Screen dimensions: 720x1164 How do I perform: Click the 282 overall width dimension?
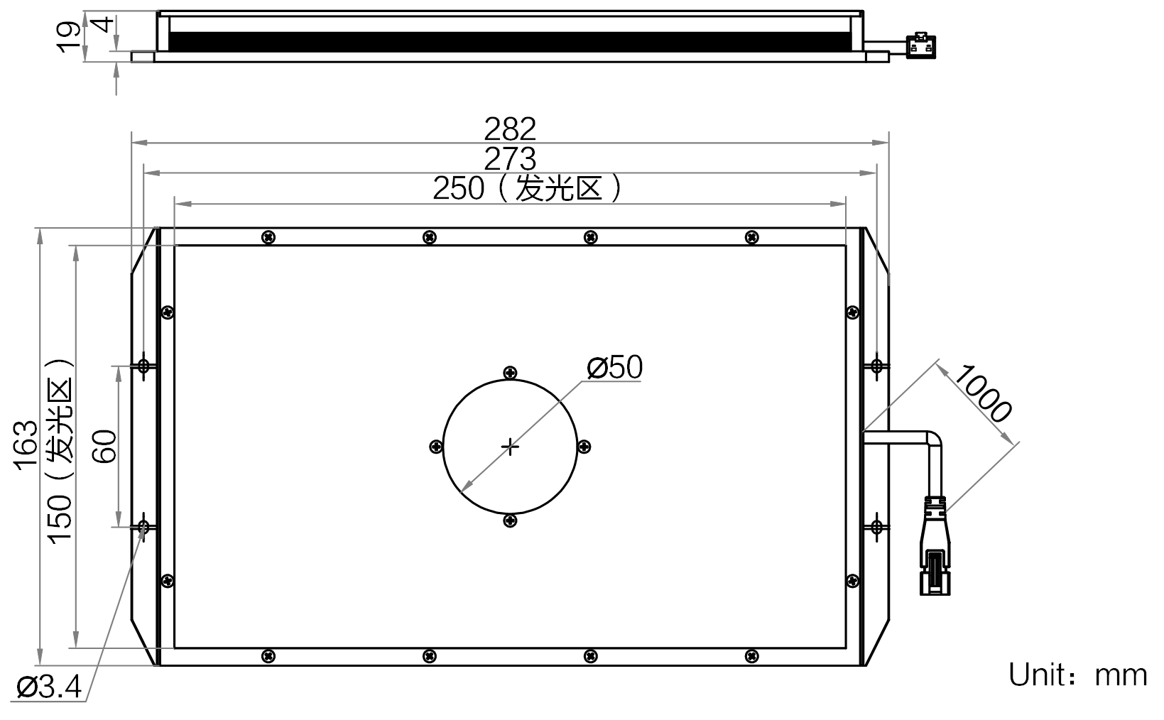pyautogui.click(x=510, y=129)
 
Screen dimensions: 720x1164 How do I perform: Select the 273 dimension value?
pyautogui.click(x=510, y=159)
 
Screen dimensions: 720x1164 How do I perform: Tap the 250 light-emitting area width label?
pyautogui.click(x=459, y=189)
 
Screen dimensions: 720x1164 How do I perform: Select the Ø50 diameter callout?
pyautogui.click(x=614, y=368)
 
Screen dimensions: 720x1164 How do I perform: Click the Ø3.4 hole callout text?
pyautogui.click(x=49, y=687)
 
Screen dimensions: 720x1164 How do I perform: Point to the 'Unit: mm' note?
pyautogui.click(x=1077, y=675)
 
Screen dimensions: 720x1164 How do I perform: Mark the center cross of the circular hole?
pyautogui.click(x=510, y=447)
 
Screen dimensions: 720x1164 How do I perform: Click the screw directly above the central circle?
pyautogui.click(x=510, y=373)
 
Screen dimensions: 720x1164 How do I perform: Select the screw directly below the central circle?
pyautogui.click(x=510, y=521)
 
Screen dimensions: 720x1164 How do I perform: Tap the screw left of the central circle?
pyautogui.click(x=436, y=447)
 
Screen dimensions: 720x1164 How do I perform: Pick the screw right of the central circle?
pyautogui.click(x=584, y=447)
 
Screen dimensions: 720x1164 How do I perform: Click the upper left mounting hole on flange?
pyautogui.click(x=144, y=366)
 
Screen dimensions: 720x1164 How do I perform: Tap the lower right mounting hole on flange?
pyautogui.click(x=877, y=527)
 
